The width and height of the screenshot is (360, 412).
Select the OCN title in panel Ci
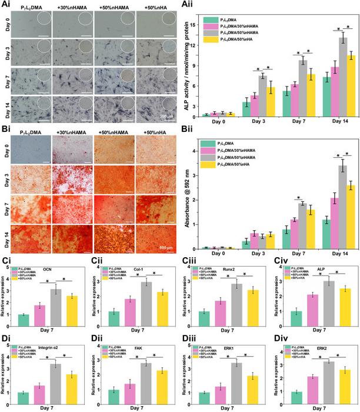coord(49,271)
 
